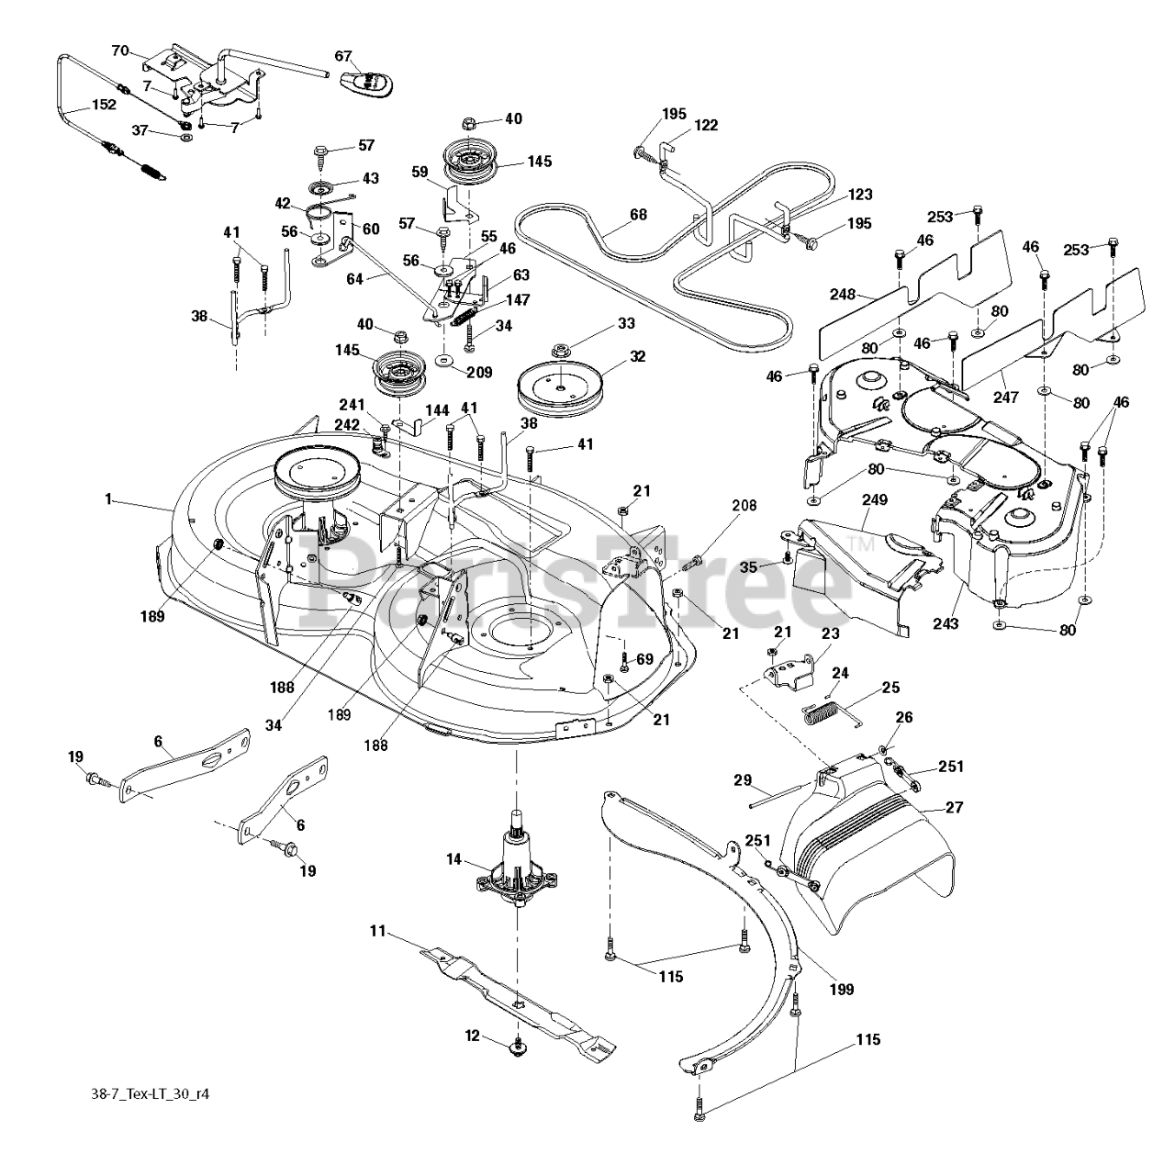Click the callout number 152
tap(103, 105)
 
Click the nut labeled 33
tap(559, 350)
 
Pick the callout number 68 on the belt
tap(638, 215)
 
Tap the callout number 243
tap(946, 624)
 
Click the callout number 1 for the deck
tap(108, 498)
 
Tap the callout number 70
tap(119, 51)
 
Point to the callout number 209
tap(479, 373)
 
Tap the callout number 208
tap(744, 505)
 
